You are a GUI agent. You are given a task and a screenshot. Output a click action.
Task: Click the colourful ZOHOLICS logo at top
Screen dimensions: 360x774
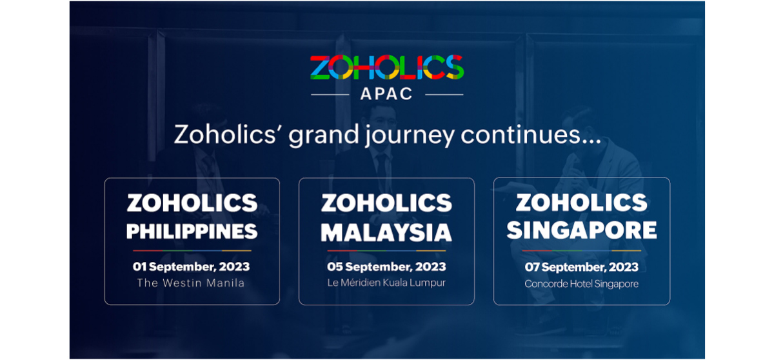click(386, 68)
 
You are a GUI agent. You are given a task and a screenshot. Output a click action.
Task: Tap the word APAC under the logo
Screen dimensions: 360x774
click(386, 94)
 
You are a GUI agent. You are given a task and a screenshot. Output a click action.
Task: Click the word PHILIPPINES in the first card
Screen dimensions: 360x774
click(192, 231)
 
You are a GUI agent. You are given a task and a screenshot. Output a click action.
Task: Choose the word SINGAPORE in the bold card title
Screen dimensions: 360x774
click(581, 230)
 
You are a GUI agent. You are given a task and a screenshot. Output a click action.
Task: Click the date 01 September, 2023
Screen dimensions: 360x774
click(192, 266)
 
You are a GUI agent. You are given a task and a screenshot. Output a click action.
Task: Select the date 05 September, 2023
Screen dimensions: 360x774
click(386, 267)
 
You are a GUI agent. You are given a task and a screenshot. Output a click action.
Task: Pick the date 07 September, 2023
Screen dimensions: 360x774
click(581, 267)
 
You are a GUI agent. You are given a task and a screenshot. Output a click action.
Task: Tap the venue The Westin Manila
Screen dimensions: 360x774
click(192, 283)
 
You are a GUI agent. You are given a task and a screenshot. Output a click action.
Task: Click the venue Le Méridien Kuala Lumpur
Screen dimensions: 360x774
click(386, 283)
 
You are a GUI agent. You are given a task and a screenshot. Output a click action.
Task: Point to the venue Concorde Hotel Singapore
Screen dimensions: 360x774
click(581, 284)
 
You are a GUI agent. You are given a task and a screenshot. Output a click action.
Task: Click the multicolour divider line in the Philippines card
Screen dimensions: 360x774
click(192, 250)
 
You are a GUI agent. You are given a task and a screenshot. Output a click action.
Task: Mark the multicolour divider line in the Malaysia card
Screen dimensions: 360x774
click(386, 250)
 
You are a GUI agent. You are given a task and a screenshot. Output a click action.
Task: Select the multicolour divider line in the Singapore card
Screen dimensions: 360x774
click(581, 250)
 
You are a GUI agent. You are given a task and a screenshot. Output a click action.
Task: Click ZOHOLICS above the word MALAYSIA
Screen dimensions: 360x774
click(386, 203)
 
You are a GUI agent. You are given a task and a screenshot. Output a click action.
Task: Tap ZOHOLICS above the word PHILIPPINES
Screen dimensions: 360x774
click(192, 203)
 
